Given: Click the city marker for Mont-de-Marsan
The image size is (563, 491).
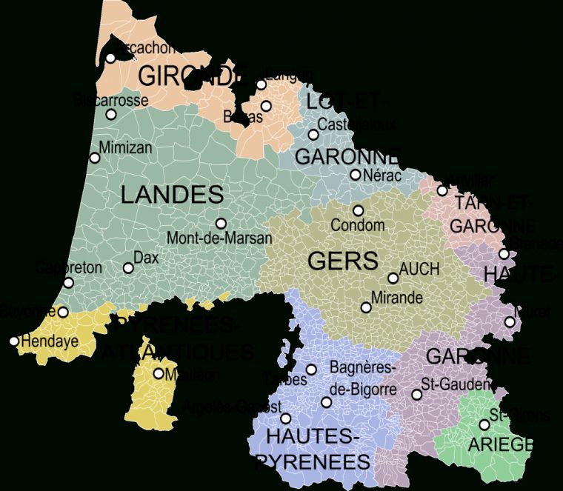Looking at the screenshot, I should point(221,223).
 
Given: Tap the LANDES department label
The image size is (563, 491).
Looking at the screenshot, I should point(171,195).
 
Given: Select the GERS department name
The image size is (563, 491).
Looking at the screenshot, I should point(342,261).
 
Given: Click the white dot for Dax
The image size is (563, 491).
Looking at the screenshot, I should point(128,268).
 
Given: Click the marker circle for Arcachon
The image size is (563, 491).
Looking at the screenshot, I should point(110,58).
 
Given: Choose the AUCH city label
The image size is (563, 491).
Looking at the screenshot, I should point(419,270).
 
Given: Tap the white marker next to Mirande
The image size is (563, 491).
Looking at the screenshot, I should point(365,307).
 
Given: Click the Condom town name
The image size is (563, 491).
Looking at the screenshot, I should point(357,225).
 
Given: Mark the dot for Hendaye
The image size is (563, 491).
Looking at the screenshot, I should point(14,341).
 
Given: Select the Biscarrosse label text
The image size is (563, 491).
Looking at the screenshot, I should point(111,99).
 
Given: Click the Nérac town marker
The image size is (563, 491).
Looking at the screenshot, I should point(356,175).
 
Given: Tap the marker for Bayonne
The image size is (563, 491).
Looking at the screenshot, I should point(63,313).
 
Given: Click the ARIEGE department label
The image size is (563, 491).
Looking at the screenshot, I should point(500,444).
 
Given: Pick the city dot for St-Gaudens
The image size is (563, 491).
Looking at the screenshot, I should point(416,395).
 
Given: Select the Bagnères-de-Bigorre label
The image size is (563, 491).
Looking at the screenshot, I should point(363,378).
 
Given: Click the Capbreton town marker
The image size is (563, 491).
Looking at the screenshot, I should point(68,283).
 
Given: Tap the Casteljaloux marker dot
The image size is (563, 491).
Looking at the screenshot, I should point(313,135).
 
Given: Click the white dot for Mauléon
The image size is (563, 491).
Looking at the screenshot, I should point(159,374).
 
